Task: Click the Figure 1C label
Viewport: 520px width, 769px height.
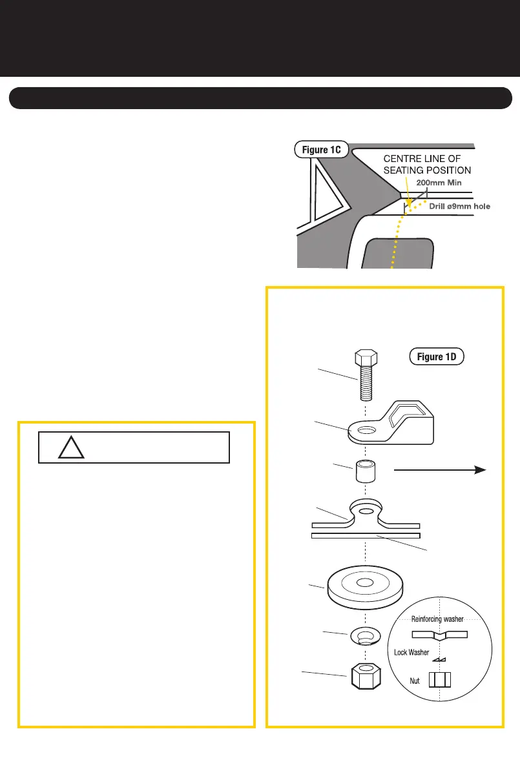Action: [322, 150]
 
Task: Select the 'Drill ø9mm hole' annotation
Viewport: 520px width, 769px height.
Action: [460, 207]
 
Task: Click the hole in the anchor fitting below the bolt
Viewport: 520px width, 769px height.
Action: [366, 429]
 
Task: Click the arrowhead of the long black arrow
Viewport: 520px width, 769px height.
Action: [479, 471]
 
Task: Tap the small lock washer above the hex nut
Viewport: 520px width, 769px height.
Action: [366, 637]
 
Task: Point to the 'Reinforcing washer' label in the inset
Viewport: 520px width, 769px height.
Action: [437, 619]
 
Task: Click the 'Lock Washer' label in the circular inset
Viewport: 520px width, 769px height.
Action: [411, 653]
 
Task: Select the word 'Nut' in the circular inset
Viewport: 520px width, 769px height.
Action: [416, 681]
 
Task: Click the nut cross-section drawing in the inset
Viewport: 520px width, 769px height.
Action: [441, 681]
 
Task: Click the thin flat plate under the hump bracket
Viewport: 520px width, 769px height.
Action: [366, 535]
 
